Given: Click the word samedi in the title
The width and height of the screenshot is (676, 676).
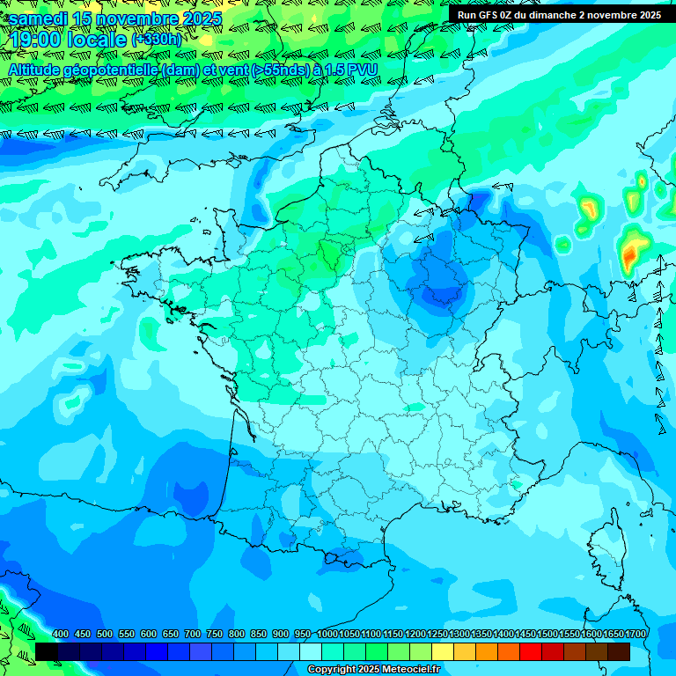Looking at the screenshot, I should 38,18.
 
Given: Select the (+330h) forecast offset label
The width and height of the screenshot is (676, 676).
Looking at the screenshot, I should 156,40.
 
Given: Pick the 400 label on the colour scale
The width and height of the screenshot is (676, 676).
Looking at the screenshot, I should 60,635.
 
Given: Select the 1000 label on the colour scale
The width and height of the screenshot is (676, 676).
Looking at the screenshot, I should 327,635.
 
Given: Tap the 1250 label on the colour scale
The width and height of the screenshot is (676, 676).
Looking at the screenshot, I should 437,635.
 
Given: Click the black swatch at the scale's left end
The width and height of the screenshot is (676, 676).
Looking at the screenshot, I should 47,651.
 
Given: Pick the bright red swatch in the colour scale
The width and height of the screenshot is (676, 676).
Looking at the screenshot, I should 530,651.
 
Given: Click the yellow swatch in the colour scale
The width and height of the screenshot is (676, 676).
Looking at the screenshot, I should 442,651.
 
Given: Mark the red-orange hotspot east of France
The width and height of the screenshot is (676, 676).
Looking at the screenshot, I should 629,256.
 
